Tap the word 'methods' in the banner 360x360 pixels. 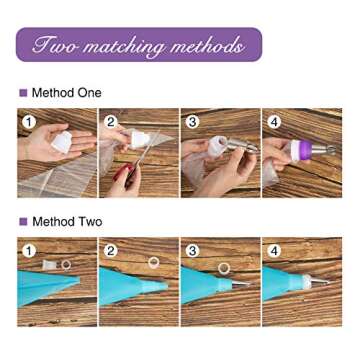(207, 45)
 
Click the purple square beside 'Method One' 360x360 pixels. (23, 93)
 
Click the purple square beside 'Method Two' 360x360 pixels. (23, 222)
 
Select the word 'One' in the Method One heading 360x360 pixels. (89, 93)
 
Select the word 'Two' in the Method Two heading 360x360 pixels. (90, 222)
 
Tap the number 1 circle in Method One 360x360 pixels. (29, 122)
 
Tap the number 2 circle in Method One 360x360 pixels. (111, 122)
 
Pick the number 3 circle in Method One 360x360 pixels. (192, 122)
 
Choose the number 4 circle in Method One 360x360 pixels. (274, 122)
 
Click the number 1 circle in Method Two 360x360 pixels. (29, 251)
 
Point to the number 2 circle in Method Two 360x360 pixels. (111, 251)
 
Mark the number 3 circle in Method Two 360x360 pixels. (192, 251)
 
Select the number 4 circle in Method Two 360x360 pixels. (274, 251)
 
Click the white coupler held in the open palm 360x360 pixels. (62, 142)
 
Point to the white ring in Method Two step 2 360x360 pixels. (153, 263)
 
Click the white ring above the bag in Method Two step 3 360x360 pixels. (224, 268)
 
